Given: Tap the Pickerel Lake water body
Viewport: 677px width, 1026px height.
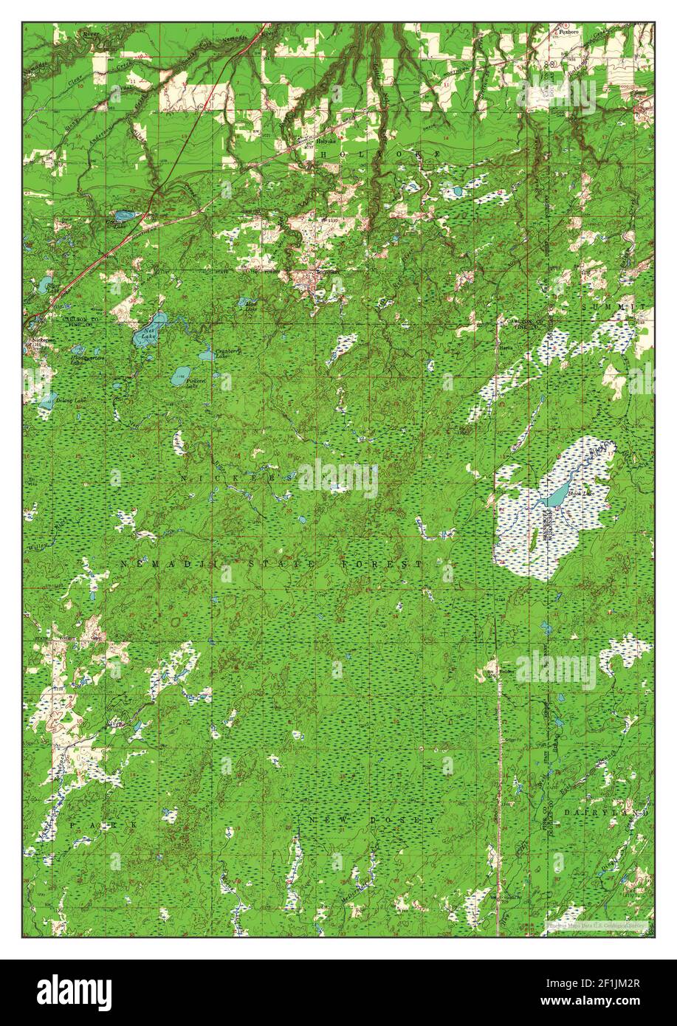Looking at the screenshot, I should (180, 376).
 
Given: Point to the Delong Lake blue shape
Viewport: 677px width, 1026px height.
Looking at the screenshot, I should (47, 402).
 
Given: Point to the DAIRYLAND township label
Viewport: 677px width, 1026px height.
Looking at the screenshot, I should (616, 812).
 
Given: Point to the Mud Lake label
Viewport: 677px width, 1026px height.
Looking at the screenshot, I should (250, 305).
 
